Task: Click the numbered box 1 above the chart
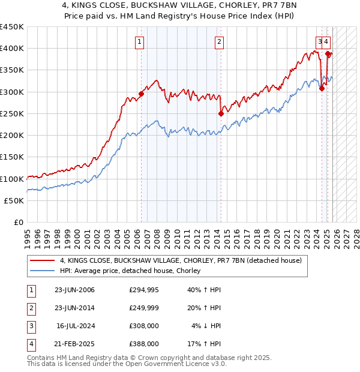[x=139, y=41]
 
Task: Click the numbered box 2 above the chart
[x=220, y=41]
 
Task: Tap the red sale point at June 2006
[x=142, y=94]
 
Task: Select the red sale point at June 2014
[x=221, y=113]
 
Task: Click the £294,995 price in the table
[x=143, y=290]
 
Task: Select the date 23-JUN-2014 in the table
[x=74, y=308]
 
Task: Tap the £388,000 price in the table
[x=143, y=344]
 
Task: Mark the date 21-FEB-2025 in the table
[x=74, y=344]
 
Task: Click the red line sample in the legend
[x=43, y=261]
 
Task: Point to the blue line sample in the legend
[x=43, y=271]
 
